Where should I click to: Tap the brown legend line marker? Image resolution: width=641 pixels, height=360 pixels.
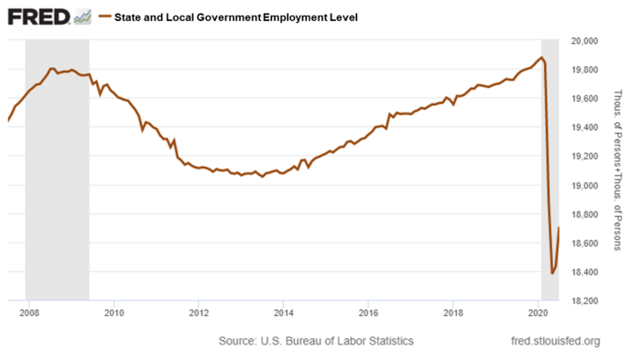[104, 17]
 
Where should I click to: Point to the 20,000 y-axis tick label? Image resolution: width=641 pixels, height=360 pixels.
[584, 41]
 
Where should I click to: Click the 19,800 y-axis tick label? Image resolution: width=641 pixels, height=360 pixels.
[584, 70]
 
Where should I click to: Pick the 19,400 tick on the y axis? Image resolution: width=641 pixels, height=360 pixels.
[584, 127]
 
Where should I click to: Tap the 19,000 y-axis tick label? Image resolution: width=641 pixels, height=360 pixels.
[584, 185]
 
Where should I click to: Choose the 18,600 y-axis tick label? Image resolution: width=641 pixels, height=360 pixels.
[584, 243]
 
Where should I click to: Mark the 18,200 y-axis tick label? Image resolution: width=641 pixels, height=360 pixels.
[584, 300]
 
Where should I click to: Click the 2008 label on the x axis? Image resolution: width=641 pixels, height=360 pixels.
[28, 314]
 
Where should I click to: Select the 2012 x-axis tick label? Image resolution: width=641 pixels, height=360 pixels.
[199, 314]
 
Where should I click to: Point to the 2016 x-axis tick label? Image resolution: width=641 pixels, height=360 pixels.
[368, 314]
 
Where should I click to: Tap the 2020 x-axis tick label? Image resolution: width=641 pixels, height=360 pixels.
[538, 314]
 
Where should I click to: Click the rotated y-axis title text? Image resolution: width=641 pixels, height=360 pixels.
[619, 170]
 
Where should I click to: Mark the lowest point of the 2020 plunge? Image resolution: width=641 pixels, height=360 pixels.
[552, 273]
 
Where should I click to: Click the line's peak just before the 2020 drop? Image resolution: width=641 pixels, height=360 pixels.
[542, 58]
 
